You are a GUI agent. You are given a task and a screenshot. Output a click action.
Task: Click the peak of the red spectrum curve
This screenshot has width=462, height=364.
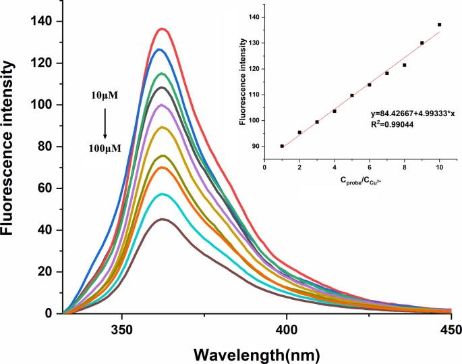[x=163, y=29]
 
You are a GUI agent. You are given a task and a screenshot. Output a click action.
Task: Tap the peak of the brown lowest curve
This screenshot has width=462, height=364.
[x=163, y=219]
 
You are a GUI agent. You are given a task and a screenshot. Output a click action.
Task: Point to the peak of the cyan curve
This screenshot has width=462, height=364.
[x=163, y=194]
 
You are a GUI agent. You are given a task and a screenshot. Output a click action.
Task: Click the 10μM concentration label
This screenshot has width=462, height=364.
[x=105, y=95]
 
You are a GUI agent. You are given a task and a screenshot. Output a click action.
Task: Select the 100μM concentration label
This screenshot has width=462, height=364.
[x=105, y=148]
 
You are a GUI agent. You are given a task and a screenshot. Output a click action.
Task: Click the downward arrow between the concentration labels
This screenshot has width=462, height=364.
[x=105, y=122]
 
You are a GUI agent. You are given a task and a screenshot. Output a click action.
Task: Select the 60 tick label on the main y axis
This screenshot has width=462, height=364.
[x=47, y=188]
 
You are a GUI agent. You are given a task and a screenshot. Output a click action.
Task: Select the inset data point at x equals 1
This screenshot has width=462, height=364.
[x=282, y=146]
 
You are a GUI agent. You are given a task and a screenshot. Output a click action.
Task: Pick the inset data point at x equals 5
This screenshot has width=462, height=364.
[x=352, y=95]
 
